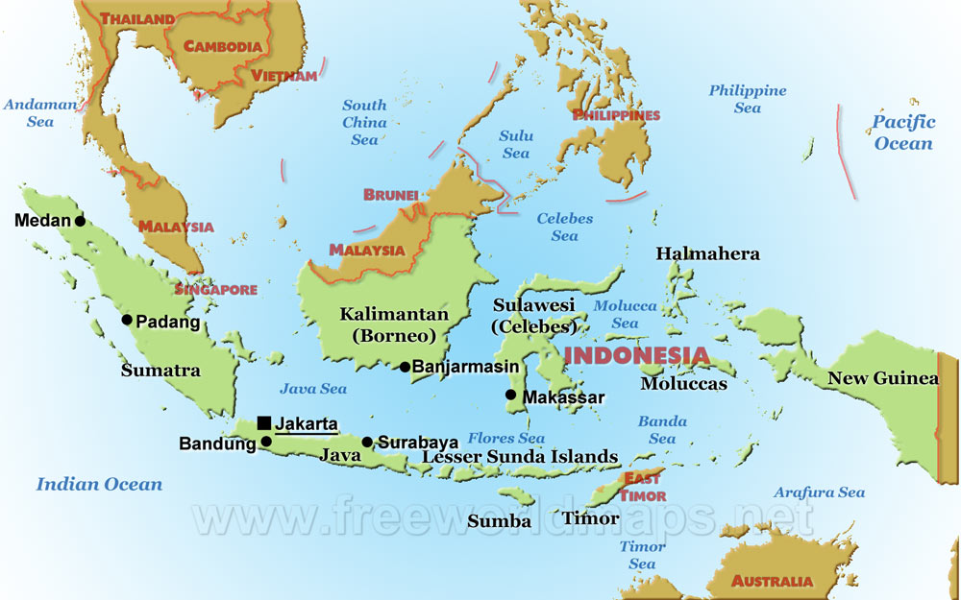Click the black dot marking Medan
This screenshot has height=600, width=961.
(80, 221)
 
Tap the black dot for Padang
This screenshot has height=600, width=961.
(127, 321)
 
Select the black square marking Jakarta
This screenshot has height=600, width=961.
(264, 422)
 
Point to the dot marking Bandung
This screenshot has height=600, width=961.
(266, 443)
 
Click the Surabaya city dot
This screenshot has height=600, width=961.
(367, 443)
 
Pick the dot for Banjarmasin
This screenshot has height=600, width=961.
(406, 367)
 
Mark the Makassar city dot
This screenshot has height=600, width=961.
(510, 395)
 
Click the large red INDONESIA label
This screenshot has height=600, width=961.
(636, 355)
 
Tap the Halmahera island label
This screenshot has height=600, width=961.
(707, 254)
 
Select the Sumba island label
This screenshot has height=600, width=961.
(499, 521)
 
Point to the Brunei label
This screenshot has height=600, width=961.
(391, 195)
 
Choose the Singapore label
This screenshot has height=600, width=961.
(215, 289)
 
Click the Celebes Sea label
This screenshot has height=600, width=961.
(564, 227)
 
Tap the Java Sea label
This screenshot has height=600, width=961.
(312, 389)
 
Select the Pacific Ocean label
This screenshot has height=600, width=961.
(902, 132)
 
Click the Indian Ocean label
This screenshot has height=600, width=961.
(99, 484)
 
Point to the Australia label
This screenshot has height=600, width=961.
(772, 581)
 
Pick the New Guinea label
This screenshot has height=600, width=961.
(883, 378)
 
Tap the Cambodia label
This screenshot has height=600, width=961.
(223, 46)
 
